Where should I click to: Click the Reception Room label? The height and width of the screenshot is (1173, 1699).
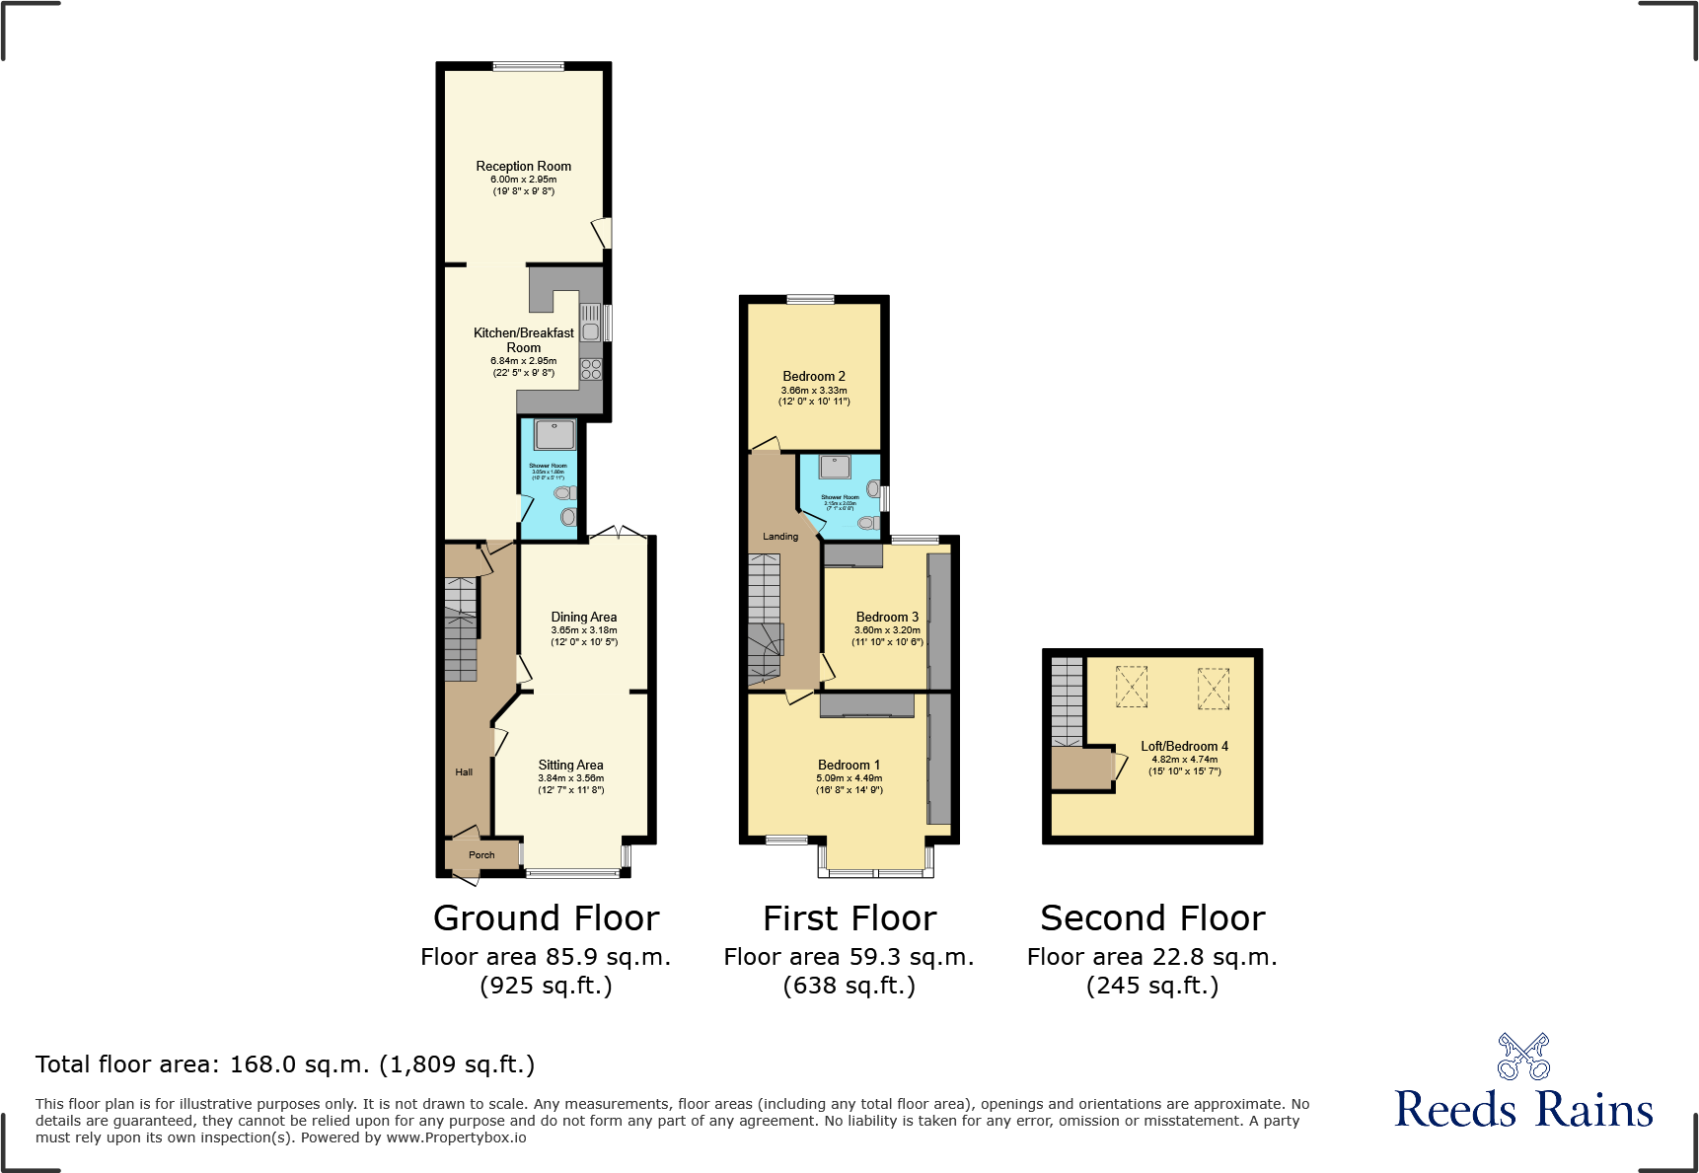point(523,167)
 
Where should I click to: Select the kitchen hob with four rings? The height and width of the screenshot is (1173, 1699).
point(591,370)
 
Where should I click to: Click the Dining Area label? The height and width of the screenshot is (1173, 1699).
point(583,617)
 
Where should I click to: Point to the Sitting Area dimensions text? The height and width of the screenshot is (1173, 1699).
point(570,784)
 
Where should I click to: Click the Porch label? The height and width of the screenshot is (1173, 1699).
point(481,855)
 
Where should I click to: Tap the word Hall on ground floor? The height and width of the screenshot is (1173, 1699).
point(464,772)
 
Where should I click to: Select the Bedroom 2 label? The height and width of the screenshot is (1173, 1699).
point(814,376)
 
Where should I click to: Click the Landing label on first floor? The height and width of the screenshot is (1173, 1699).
point(780,537)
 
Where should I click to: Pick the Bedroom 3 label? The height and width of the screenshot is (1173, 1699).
point(887,617)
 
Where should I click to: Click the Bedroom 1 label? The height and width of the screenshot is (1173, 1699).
point(849,765)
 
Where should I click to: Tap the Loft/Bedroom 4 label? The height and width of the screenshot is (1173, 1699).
point(1184,746)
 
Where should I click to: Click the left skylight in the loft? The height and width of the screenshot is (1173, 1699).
point(1132,687)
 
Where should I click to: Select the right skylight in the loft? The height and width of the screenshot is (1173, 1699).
point(1214,689)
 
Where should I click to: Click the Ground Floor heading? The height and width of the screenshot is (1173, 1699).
point(546,918)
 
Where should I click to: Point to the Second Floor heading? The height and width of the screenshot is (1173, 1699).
point(1152,918)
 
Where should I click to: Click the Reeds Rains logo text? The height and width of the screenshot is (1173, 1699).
point(1523,1110)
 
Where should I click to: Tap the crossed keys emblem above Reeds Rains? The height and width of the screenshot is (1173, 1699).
point(1523,1057)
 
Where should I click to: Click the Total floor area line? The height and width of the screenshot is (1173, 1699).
point(285,1064)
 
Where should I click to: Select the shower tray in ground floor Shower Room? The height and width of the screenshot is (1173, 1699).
point(554,434)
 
